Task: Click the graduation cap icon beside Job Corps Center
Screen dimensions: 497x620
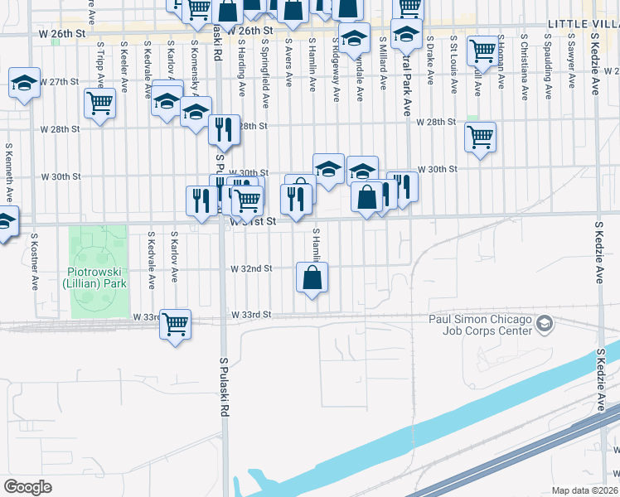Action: (545, 322)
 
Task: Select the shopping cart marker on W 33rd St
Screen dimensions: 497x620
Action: (176, 324)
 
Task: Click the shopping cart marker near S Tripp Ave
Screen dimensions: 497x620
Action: (100, 104)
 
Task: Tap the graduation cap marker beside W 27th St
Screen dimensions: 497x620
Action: (25, 83)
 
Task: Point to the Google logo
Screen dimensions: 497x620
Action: (27, 487)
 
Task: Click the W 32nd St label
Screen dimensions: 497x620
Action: (252, 269)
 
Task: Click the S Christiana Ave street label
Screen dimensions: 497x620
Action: (525, 59)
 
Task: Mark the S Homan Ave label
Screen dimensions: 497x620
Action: (501, 60)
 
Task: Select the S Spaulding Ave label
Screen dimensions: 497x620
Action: (548, 58)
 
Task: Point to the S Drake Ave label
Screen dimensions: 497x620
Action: (430, 60)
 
